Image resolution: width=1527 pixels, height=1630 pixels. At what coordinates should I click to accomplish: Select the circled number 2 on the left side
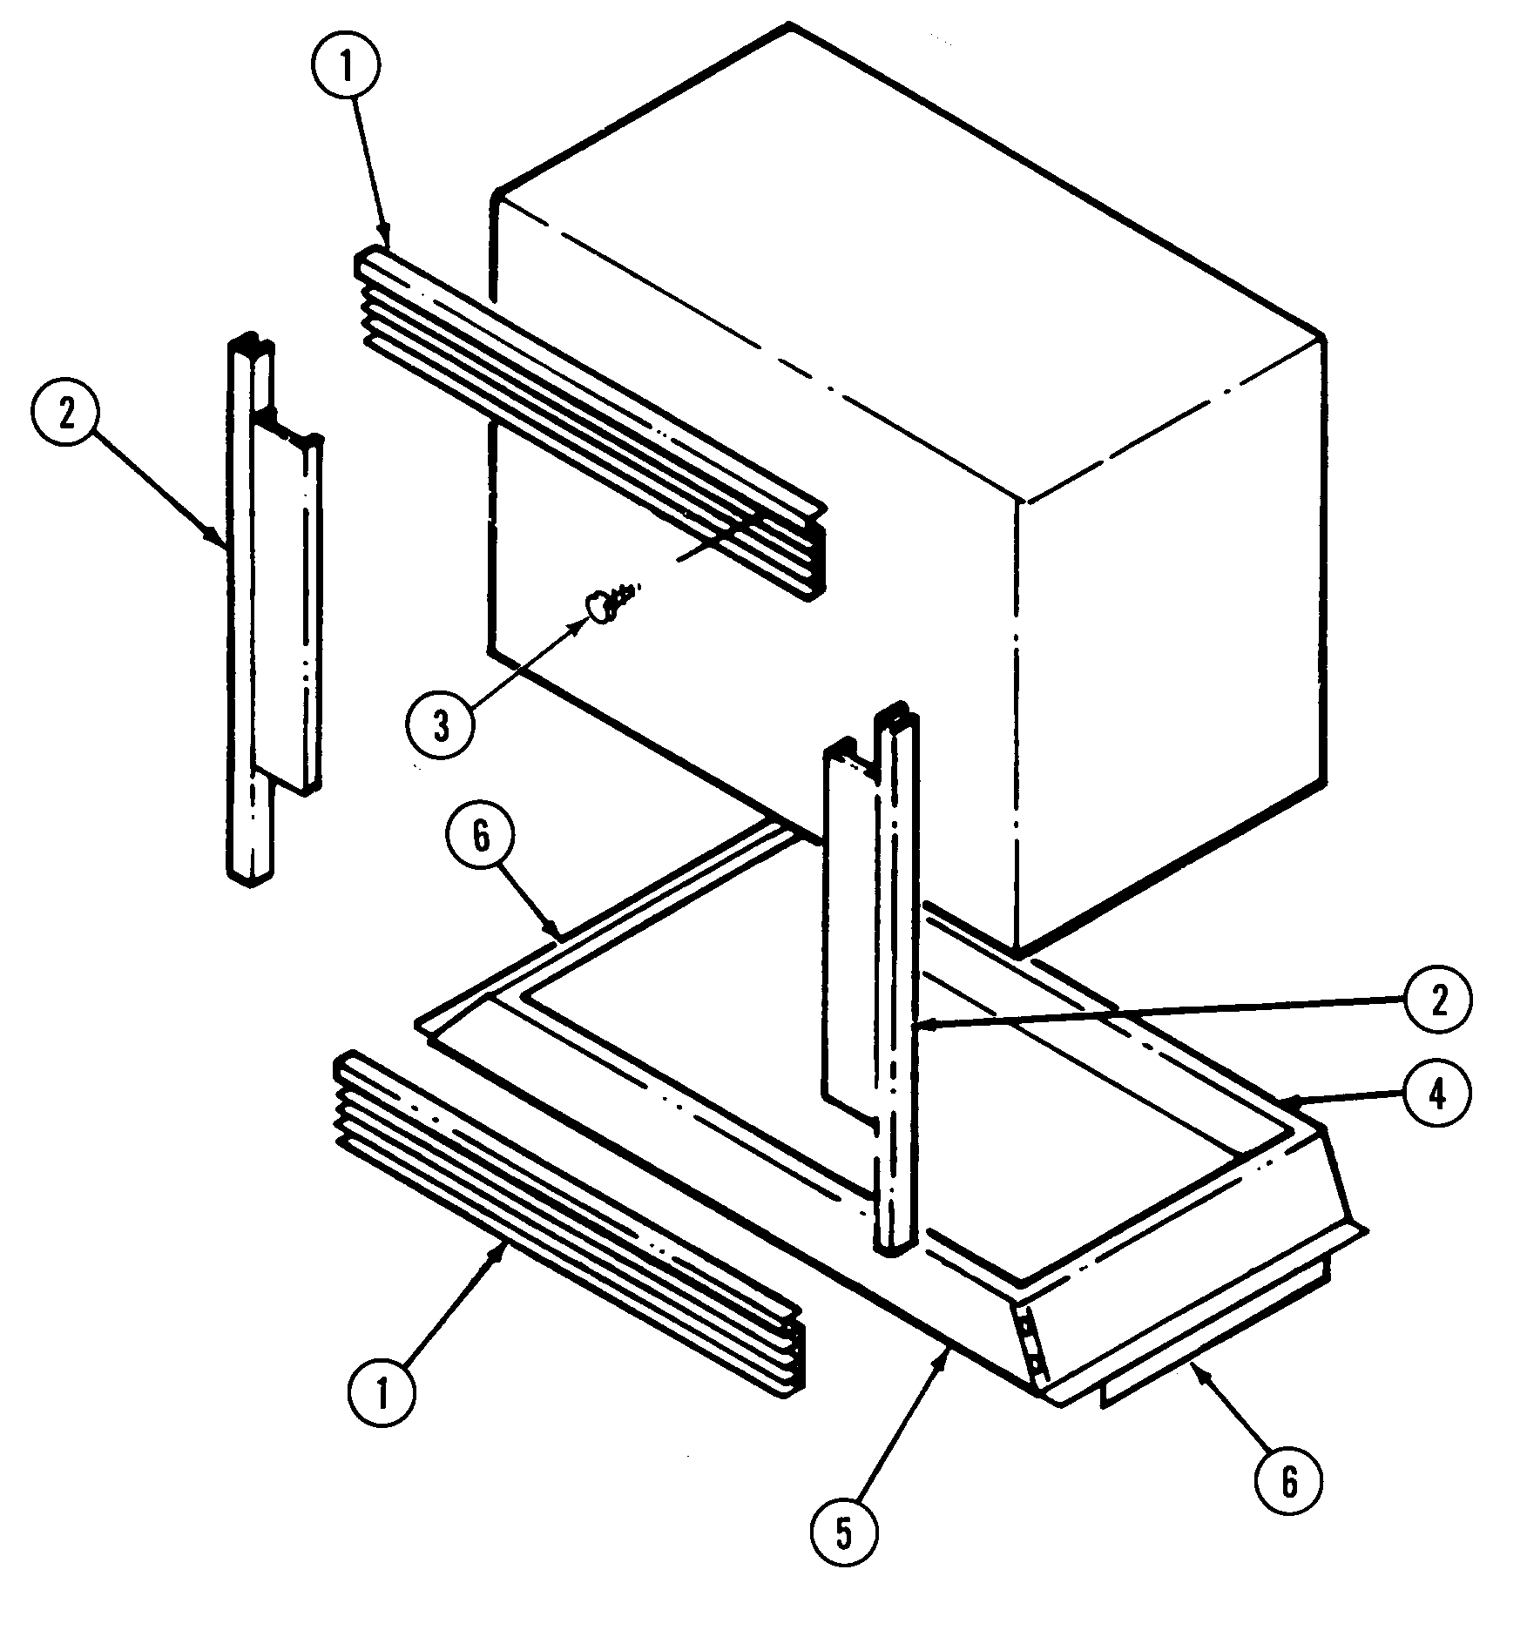point(66,415)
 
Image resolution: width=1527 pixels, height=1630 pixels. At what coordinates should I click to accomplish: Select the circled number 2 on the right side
point(1438,1001)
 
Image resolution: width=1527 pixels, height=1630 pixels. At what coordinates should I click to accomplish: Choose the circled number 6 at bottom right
point(1289,1478)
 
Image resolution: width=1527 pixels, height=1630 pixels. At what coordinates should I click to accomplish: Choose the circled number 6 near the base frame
point(481,836)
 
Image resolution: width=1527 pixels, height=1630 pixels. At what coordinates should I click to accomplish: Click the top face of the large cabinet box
point(906,261)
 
